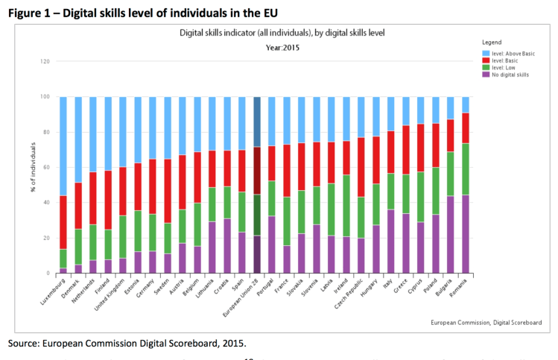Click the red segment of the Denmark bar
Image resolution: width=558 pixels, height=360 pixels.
[x=78, y=206]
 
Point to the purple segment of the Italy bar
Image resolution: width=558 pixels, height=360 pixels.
[x=391, y=241]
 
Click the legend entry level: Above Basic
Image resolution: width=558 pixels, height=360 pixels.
[x=513, y=54]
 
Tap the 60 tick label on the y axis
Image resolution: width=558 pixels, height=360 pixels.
[x=46, y=167]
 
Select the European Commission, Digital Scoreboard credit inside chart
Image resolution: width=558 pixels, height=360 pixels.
[x=486, y=323]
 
